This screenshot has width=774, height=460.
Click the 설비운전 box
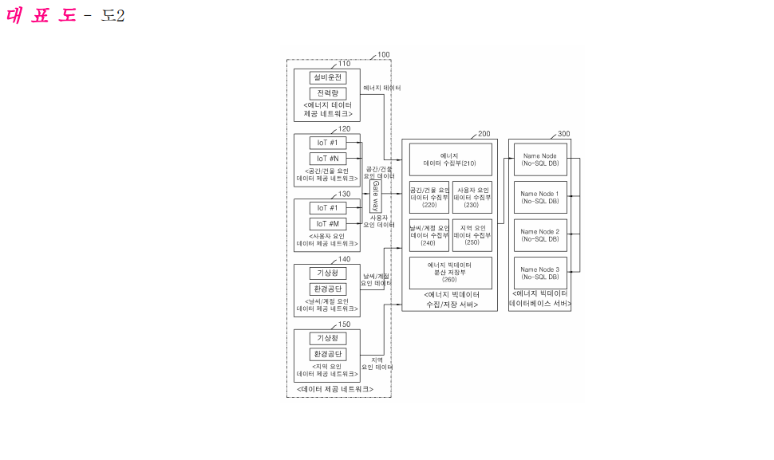(x=327, y=78)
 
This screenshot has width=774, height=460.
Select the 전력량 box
(x=327, y=93)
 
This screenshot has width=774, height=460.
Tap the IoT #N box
(x=327, y=158)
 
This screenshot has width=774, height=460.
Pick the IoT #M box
(x=327, y=223)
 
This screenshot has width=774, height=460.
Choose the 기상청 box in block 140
(x=327, y=273)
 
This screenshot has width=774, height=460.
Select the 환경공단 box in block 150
(x=327, y=354)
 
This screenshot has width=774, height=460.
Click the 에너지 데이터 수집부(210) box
(x=450, y=159)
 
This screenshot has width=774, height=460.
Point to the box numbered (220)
(x=429, y=197)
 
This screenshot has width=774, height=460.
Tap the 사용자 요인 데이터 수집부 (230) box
(x=472, y=197)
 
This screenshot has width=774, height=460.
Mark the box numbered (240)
(x=429, y=234)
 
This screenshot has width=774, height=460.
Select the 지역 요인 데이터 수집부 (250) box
(x=472, y=234)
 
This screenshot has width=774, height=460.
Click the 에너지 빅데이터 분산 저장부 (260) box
(x=450, y=273)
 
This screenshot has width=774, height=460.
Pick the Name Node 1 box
(x=540, y=197)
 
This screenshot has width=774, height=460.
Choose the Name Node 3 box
(x=540, y=273)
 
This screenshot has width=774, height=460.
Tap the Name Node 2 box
(x=540, y=235)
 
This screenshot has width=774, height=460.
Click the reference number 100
(x=384, y=55)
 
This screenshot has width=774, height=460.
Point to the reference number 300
(x=563, y=134)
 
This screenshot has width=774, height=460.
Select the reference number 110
(x=344, y=64)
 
